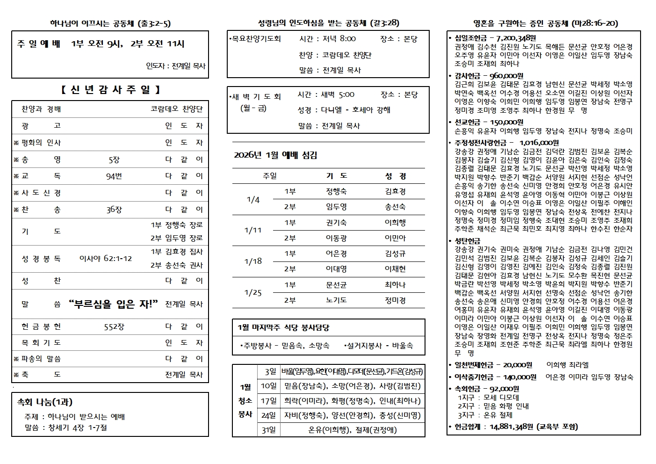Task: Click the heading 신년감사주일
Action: (x=110, y=90)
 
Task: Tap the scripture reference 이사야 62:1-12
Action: (x=106, y=258)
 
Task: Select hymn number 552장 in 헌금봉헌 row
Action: (x=114, y=326)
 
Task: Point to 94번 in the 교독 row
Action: (x=114, y=176)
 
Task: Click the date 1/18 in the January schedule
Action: (x=253, y=261)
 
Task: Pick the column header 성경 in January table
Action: (x=395, y=176)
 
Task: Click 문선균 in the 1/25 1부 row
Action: (x=336, y=284)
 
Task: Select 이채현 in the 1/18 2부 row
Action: (x=395, y=269)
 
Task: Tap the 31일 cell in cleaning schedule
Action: (x=268, y=429)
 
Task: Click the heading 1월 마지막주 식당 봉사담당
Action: (x=284, y=327)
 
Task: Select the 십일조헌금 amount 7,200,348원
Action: (x=512, y=38)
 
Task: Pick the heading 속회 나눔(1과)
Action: (x=45, y=402)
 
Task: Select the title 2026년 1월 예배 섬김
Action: (x=275, y=155)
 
